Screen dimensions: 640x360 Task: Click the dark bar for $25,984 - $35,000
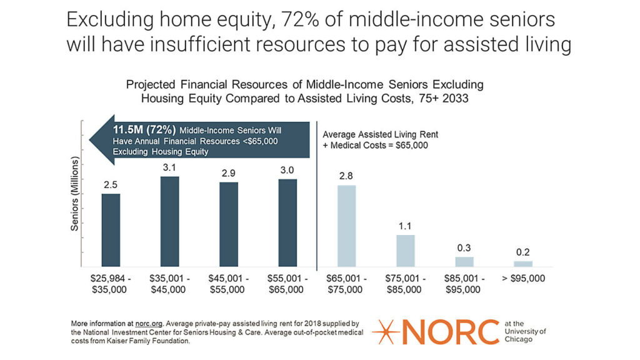point(111,230)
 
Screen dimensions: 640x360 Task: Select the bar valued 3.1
point(169,222)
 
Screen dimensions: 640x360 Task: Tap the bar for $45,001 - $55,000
point(229,224)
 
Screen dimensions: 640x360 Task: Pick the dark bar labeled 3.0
point(287,223)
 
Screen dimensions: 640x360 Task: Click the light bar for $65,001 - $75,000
point(346,226)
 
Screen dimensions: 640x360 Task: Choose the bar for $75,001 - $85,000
point(405,251)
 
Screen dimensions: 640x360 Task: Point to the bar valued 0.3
point(464,262)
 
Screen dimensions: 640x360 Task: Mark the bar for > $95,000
point(523,264)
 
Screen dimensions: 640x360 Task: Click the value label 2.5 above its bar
point(111,185)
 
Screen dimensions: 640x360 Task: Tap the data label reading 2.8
point(346,176)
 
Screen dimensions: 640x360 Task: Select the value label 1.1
point(405,226)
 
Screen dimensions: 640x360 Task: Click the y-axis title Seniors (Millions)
point(74,194)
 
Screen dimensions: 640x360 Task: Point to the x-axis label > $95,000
point(523,278)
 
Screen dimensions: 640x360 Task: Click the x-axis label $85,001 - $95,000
point(464,284)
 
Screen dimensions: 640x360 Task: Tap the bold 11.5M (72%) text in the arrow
point(144,130)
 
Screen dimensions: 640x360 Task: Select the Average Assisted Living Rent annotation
point(381,140)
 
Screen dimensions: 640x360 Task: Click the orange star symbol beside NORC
point(386,332)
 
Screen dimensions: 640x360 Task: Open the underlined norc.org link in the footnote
point(149,324)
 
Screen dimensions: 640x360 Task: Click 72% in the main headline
point(297,19)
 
